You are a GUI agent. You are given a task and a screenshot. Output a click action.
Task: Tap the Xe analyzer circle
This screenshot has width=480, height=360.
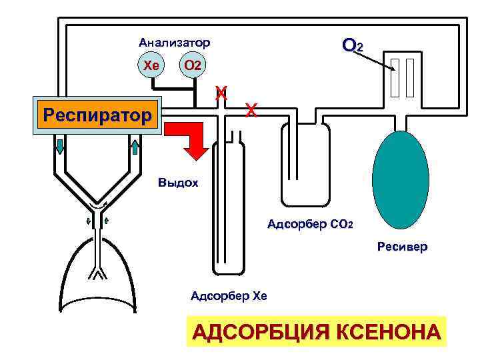pos(151,66)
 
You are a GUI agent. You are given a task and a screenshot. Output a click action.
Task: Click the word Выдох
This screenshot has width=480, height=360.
pos(178,182)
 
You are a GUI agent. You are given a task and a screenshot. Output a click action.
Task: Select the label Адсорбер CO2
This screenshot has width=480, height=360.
pos(309,223)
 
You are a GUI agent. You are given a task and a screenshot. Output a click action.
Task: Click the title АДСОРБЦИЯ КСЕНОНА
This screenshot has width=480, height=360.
pos(317,331)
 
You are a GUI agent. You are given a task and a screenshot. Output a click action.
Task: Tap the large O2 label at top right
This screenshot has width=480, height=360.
pos(352,46)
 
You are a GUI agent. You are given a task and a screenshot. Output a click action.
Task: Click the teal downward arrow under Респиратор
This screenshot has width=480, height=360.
pos(60,146)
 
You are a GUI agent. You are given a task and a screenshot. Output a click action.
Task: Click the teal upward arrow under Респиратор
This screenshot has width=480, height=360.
pos(134,146)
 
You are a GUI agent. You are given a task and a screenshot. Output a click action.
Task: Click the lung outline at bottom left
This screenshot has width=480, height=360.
pos(100,280)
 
